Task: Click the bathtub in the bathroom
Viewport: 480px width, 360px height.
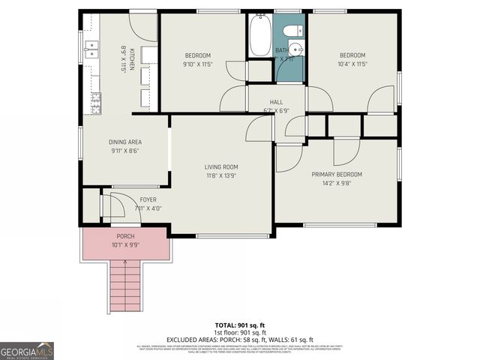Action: (259, 36)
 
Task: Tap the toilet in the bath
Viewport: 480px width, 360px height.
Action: (295, 31)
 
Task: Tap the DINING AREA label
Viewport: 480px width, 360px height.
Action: (125, 142)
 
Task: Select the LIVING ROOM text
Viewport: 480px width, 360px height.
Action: (221, 166)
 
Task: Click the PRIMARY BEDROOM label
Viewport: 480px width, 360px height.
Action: (337, 174)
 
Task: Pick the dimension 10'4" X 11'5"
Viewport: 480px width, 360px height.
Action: (352, 64)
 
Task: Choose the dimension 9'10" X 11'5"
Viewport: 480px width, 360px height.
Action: (198, 64)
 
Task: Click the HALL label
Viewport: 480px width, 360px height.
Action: (276, 102)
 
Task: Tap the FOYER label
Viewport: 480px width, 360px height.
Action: (148, 199)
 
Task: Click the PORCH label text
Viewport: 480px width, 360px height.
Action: (125, 236)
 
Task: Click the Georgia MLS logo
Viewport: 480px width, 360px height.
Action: (27, 350)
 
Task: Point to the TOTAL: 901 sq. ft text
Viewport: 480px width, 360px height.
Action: (240, 325)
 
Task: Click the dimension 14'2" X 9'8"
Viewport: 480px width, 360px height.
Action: (337, 182)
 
